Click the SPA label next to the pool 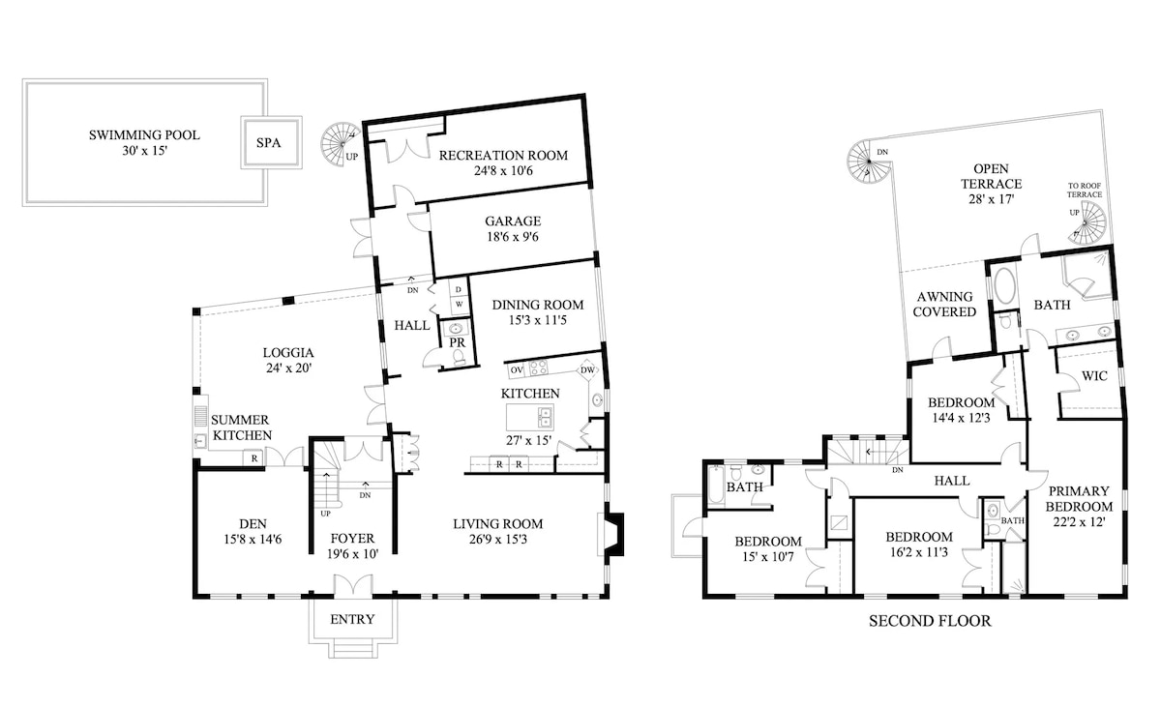pos(269,142)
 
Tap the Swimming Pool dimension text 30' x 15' pos(144,151)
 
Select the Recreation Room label pos(503,156)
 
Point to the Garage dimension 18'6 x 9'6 pos(513,237)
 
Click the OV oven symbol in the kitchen pos(517,369)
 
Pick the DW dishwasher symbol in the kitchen pos(587,369)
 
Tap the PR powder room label pos(457,342)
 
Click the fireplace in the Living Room pos(610,534)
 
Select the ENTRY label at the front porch pos(352,619)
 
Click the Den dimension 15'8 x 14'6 pos(253,539)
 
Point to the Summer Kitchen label pos(241,427)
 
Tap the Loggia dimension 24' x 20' pos(288,368)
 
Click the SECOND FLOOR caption pos(930,621)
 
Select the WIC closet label pos(1094,375)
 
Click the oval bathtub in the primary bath pos(1004,285)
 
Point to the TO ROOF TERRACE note pos(1085,191)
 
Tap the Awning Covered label pos(944,304)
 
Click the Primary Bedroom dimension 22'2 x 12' pos(1080,521)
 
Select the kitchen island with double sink pos(530,418)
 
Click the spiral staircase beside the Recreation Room pos(340,143)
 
